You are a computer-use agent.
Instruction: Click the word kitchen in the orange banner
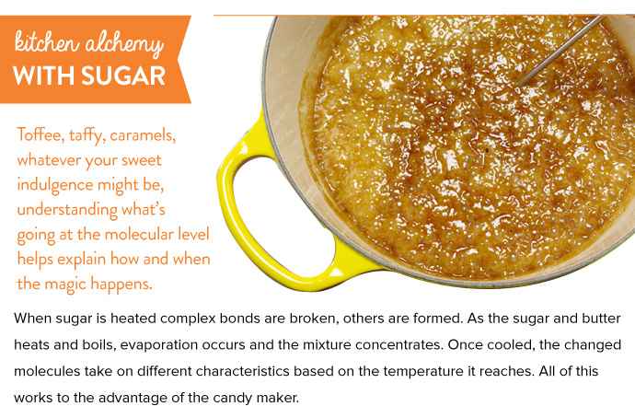(46, 42)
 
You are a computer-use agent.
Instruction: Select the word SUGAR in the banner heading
(123, 75)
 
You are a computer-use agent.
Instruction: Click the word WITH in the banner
(44, 75)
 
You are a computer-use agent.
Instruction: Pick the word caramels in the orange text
(143, 135)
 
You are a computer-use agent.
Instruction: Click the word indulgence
(55, 185)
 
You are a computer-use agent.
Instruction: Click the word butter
(601, 319)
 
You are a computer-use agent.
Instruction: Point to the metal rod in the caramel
(563, 50)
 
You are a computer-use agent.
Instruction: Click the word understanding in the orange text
(67, 210)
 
